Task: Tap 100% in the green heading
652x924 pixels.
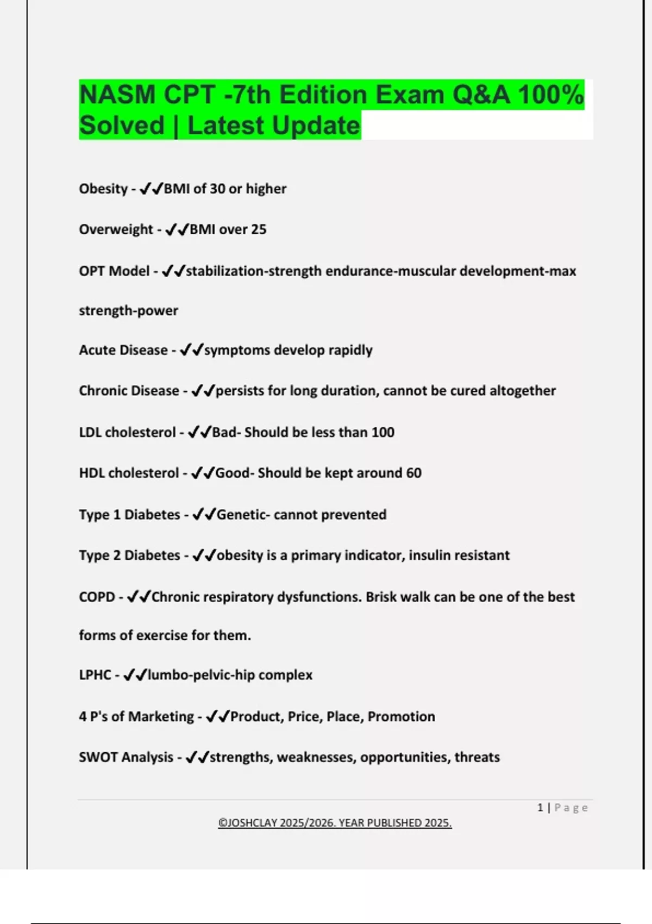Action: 550,95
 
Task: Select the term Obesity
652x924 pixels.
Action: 103,189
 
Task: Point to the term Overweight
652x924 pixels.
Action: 116,229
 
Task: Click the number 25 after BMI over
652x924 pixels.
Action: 259,229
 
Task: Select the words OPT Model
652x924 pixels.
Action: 114,271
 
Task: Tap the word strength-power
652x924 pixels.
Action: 128,310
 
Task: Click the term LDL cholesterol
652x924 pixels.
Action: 127,432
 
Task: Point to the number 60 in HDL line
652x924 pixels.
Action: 413,473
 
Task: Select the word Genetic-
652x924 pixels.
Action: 243,514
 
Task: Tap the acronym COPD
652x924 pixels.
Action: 97,597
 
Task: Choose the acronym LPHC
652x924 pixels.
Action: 95,675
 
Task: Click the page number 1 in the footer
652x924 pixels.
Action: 540,808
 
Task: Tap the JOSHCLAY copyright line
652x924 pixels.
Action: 335,823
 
